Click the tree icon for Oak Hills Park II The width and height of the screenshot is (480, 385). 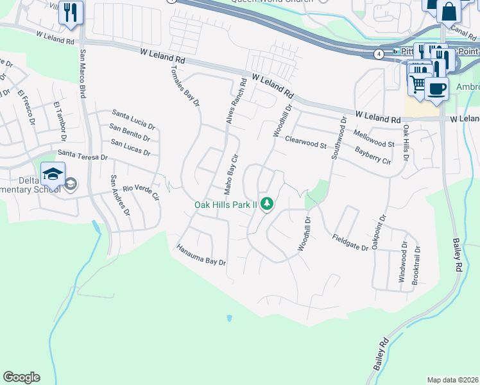[x=266, y=204]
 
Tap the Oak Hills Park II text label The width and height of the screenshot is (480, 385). [x=225, y=205]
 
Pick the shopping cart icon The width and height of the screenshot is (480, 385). [x=418, y=83]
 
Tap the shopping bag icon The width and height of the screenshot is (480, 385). [x=448, y=11]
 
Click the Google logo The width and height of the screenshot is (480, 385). [x=21, y=377]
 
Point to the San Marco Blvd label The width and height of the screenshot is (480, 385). [x=83, y=73]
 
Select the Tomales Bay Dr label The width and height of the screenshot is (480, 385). [x=186, y=85]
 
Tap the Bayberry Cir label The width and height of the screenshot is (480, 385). [x=373, y=155]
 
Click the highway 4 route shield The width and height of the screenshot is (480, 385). [x=380, y=55]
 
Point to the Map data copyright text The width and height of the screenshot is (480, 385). [x=453, y=380]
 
